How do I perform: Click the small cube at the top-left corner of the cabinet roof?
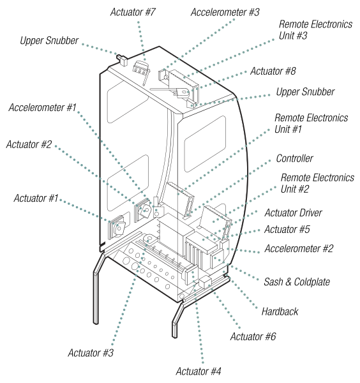[123, 61]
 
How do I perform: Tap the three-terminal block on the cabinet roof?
[140, 67]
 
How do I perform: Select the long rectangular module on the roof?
[183, 83]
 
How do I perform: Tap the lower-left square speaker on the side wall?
[119, 227]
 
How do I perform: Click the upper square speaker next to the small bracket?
[144, 209]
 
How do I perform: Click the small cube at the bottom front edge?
[205, 282]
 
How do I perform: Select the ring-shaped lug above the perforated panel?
[149, 240]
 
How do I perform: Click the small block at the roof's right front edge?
[191, 104]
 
